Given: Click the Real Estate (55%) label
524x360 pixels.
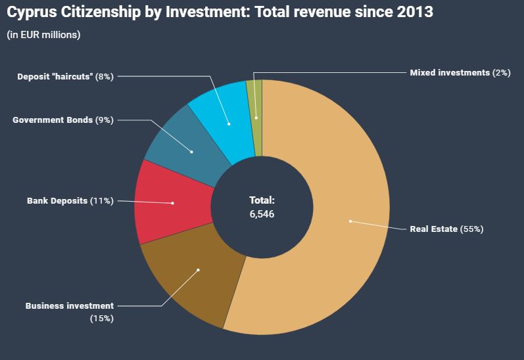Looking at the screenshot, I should point(446,229).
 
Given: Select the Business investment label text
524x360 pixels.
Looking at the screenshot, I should point(69,305).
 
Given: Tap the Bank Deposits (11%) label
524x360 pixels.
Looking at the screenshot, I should point(70,200).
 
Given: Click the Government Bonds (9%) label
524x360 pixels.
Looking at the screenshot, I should point(63,120).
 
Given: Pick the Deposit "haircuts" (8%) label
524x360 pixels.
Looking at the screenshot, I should point(65,76).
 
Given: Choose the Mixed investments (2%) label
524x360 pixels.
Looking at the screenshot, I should point(460,73).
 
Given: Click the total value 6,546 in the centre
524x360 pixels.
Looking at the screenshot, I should point(262,214).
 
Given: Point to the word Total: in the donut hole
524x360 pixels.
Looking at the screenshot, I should point(262,200).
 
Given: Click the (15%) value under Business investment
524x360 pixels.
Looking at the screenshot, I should point(102,318).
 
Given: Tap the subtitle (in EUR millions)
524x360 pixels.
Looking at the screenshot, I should point(43,35).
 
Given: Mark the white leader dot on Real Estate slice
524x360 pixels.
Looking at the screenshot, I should point(350,221).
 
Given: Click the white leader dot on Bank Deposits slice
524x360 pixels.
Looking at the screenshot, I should point(172,203).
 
